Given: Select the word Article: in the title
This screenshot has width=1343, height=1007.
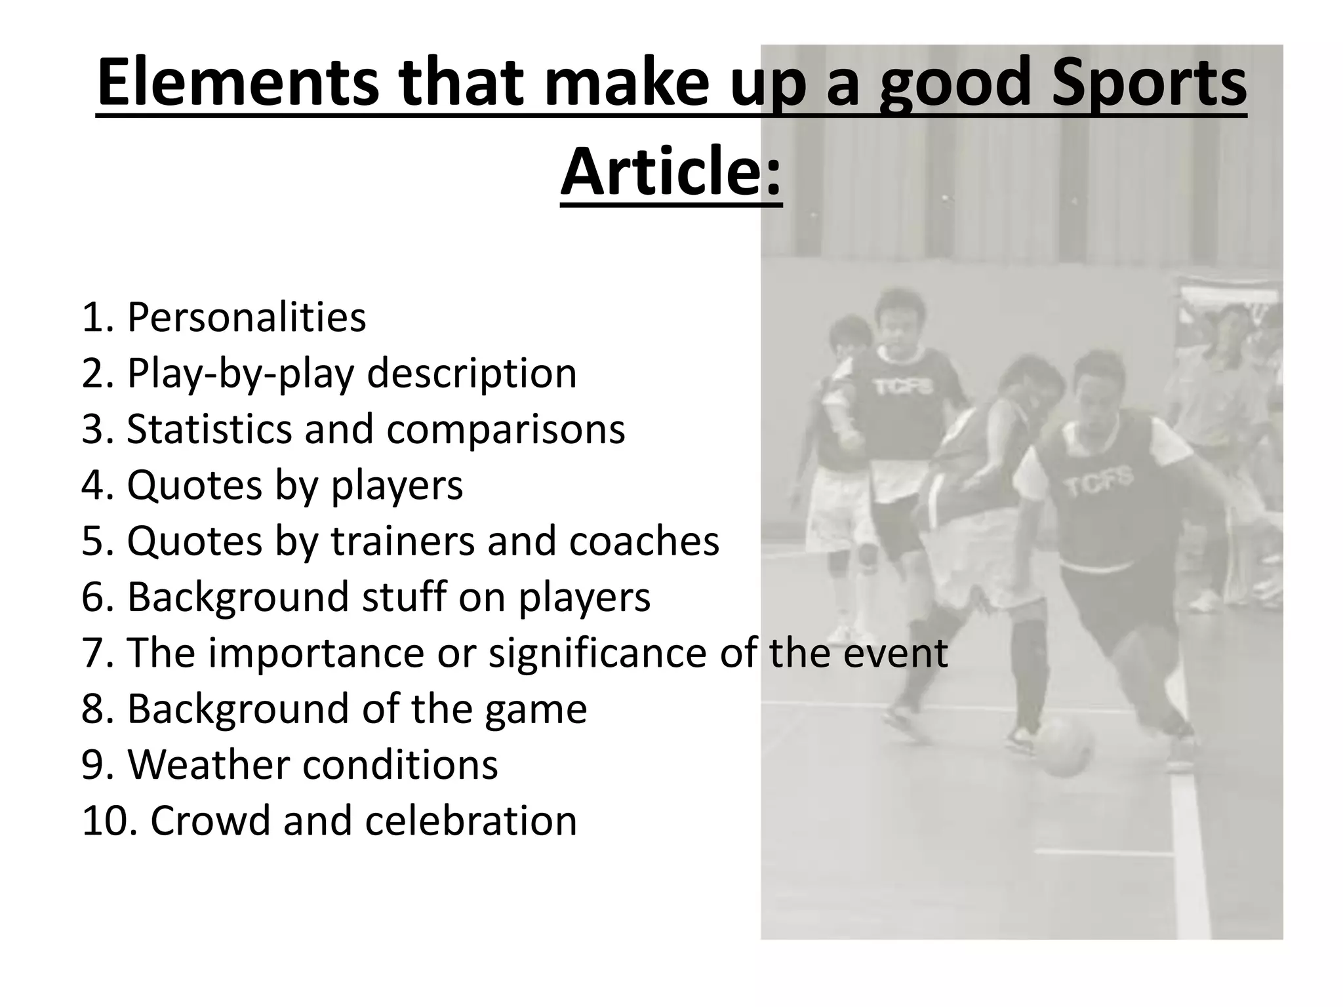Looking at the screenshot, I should point(671,172).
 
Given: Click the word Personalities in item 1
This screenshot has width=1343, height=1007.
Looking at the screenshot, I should point(246,318).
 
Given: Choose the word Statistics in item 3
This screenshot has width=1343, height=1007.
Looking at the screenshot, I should point(209,429).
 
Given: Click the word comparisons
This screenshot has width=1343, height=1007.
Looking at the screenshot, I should point(506,429).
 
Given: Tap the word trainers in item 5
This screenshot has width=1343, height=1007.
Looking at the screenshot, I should point(402,542).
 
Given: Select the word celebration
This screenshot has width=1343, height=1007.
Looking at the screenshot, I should point(471,821).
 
